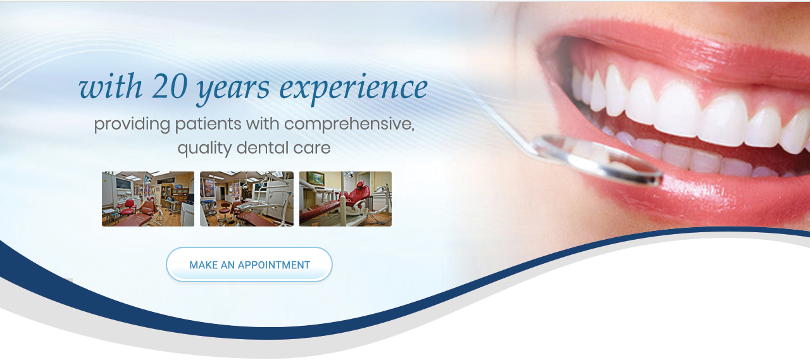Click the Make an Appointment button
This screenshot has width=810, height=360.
click(249, 264)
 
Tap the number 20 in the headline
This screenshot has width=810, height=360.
click(170, 86)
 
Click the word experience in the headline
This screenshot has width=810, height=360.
click(354, 89)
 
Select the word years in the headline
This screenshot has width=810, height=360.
click(234, 91)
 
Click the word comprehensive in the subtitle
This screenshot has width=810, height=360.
click(349, 125)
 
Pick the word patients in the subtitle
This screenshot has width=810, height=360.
click(208, 125)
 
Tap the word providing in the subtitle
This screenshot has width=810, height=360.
click(132, 125)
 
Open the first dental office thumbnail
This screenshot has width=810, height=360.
click(148, 199)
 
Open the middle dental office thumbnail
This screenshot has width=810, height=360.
click(247, 199)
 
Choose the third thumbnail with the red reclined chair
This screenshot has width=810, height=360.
click(346, 199)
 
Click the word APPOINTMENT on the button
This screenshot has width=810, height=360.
click(274, 265)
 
